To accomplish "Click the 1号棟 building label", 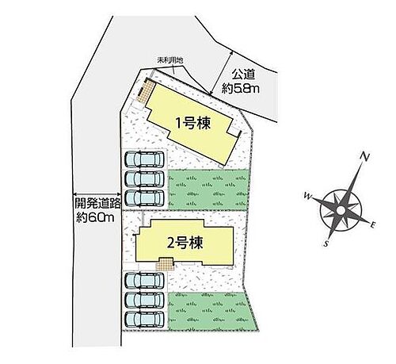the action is pyautogui.click(x=193, y=124).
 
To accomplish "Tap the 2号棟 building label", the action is pyautogui.click(x=185, y=243).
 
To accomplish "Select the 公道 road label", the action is pyautogui.click(x=243, y=75).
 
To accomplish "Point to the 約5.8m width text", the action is pyautogui.click(x=241, y=88).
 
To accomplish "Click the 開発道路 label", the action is pyautogui.click(x=97, y=203).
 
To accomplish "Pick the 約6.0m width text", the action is pyautogui.click(x=95, y=217).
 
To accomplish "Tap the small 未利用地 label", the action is pyautogui.click(x=170, y=60).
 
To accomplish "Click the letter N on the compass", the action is pyautogui.click(x=364, y=157).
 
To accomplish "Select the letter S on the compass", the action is pyautogui.click(x=326, y=243).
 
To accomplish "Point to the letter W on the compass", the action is pyautogui.click(x=308, y=196).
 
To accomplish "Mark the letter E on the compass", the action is pyautogui.click(x=373, y=225).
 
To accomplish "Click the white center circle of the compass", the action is pyautogui.click(x=341, y=211).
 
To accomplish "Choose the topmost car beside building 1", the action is pyautogui.click(x=144, y=159).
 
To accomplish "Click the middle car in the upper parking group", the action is pyautogui.click(x=144, y=178).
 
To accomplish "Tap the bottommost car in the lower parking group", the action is pyautogui.click(x=144, y=320).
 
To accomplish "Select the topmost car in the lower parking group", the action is pyautogui.click(x=144, y=281).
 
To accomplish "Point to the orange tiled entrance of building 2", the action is pyautogui.click(x=166, y=263).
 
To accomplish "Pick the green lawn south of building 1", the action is pyautogui.click(x=208, y=190).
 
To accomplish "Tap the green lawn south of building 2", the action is pyautogui.click(x=211, y=311).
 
